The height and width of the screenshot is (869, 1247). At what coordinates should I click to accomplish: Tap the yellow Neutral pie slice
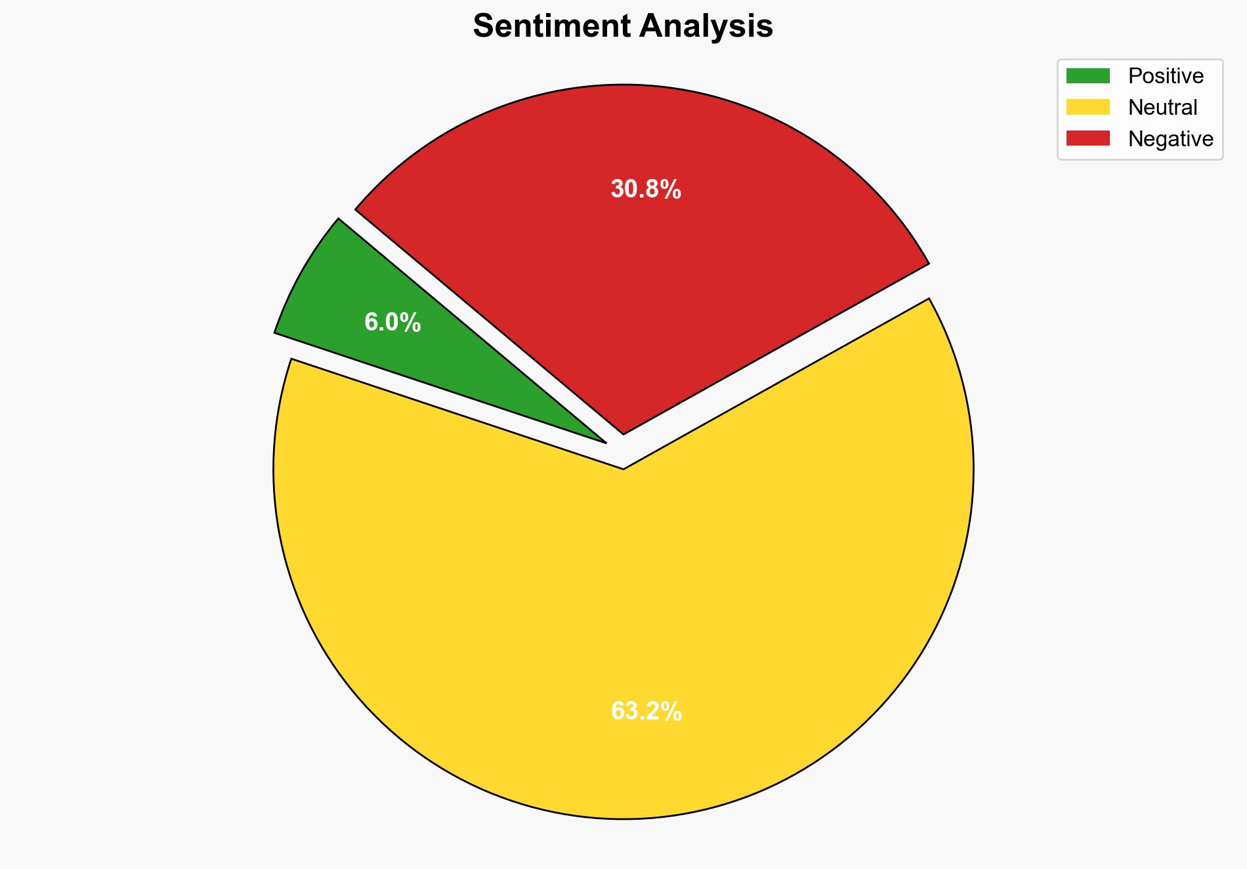point(623,623)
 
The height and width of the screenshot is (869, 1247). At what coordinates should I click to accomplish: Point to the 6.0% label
point(392,323)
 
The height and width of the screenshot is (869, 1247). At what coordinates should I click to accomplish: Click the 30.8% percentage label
point(646,190)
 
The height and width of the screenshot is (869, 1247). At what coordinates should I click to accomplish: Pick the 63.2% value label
point(646,712)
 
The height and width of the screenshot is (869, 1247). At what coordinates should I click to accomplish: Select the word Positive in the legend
point(1166,76)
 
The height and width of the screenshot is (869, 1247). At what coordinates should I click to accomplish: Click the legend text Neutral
point(1162,108)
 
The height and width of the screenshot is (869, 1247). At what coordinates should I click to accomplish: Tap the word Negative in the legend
point(1170,139)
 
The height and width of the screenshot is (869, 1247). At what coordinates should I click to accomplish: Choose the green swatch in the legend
point(1088,76)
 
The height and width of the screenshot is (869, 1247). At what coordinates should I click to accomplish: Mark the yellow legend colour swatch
point(1088,108)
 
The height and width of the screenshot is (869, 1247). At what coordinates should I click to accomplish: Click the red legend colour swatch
point(1088,138)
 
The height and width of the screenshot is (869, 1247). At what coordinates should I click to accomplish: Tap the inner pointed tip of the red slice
point(623,431)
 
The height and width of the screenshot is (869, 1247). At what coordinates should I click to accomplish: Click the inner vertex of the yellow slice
point(623,467)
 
